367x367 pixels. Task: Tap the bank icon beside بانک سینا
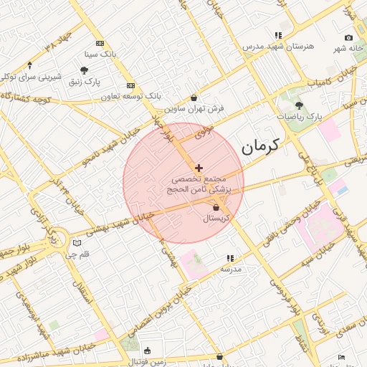99,43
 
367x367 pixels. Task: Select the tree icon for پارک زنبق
85,70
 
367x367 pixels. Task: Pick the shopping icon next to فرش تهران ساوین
194,98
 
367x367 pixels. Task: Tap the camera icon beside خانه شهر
348,37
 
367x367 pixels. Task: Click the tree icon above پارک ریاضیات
299,105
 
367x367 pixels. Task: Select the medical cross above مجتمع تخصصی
199,168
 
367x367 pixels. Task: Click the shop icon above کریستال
216,207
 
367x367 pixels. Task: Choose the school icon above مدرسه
230,257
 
